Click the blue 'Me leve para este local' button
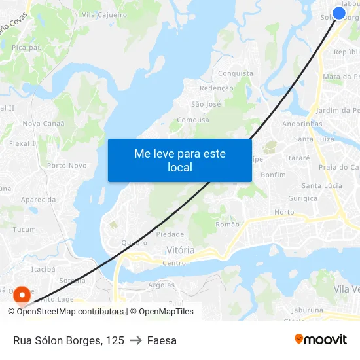180,160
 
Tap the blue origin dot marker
339,13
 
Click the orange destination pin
22,296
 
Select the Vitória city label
181,250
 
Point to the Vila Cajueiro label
105,14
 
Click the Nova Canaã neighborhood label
44,124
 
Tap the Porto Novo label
67,166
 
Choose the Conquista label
235,73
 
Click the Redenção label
216,88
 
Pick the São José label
206,104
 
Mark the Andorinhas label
302,124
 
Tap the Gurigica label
302,198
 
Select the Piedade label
170,234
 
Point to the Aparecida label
38,200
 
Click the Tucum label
24,230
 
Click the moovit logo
321,340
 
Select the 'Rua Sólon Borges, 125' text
69,340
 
